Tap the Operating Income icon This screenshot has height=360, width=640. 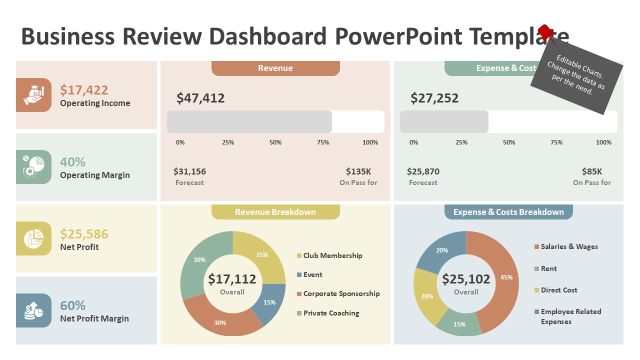[33, 95]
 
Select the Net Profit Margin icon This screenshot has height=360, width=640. [33, 310]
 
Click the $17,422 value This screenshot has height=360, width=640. [84, 90]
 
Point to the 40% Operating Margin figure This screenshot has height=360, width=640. [72, 162]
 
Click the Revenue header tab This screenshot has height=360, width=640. [275, 68]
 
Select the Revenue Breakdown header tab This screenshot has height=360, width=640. [275, 212]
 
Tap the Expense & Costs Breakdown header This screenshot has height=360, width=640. [508, 212]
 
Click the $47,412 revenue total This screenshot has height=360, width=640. [200, 98]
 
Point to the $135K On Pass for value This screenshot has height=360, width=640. [358, 171]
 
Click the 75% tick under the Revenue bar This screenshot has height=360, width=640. [323, 142]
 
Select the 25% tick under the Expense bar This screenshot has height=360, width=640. [461, 142]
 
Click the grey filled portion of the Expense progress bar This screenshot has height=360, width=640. [444, 122]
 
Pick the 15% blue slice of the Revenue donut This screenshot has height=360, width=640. [268, 302]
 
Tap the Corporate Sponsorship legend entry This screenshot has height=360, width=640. [341, 294]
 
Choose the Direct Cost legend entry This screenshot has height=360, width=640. [558, 290]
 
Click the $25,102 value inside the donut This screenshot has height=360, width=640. [466, 279]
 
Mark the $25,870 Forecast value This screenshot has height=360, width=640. [423, 171]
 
